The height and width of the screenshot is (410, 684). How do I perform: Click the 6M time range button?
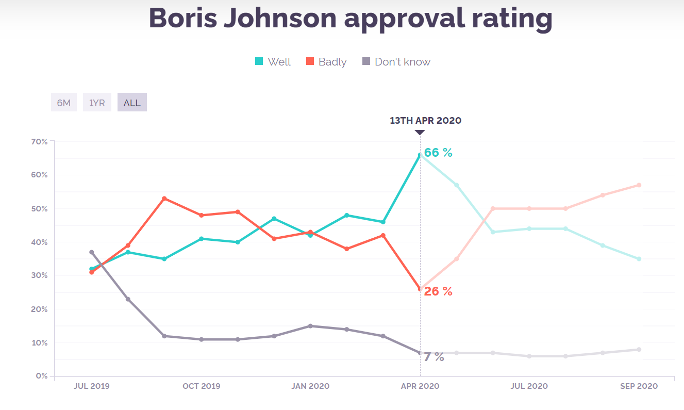point(63,103)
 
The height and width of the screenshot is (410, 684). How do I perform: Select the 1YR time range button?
point(97,103)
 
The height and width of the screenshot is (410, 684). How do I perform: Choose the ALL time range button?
point(132,103)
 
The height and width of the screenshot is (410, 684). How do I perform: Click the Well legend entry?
point(273,62)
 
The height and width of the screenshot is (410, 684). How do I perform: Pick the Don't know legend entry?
point(396,62)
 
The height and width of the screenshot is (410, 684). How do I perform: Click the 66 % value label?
point(438,153)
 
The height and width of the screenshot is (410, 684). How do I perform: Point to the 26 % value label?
point(438,291)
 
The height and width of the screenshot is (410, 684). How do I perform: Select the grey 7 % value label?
point(434,357)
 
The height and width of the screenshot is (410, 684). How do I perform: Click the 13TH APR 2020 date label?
point(425,121)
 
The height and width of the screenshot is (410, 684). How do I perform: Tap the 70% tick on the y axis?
point(39,141)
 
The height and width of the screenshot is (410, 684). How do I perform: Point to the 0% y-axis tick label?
point(42,376)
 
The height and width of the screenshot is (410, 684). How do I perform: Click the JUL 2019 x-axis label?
point(92,386)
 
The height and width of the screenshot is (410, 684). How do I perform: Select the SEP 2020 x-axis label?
point(639,386)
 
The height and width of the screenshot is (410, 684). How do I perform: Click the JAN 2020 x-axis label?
point(310,386)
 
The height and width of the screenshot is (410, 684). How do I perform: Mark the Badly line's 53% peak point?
point(164,199)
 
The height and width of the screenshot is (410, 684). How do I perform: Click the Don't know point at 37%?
point(91,252)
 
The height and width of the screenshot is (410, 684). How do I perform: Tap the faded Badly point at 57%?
point(639,185)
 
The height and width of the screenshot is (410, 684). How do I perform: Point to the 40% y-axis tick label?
point(39,242)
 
